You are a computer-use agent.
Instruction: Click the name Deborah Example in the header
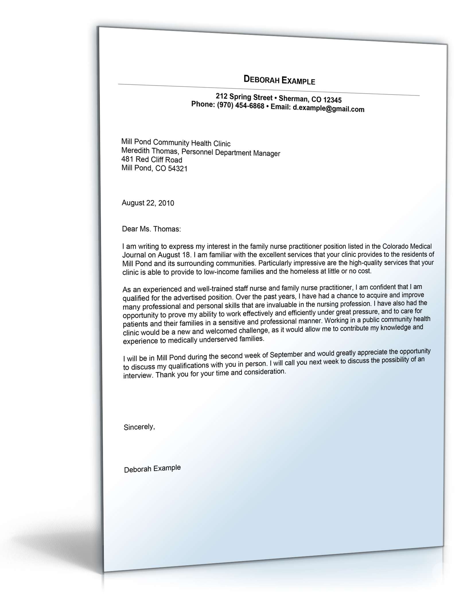click(279, 80)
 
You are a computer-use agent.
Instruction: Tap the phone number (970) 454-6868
click(240, 106)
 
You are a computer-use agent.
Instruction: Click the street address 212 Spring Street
click(244, 97)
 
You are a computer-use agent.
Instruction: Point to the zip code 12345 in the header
click(332, 100)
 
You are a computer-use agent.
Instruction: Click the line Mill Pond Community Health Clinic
click(176, 143)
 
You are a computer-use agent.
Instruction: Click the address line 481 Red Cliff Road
click(152, 159)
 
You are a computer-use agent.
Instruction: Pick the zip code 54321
click(178, 169)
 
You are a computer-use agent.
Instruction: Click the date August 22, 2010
click(148, 203)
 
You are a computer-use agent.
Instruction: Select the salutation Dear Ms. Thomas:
click(151, 229)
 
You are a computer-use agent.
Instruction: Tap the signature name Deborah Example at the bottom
click(152, 469)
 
